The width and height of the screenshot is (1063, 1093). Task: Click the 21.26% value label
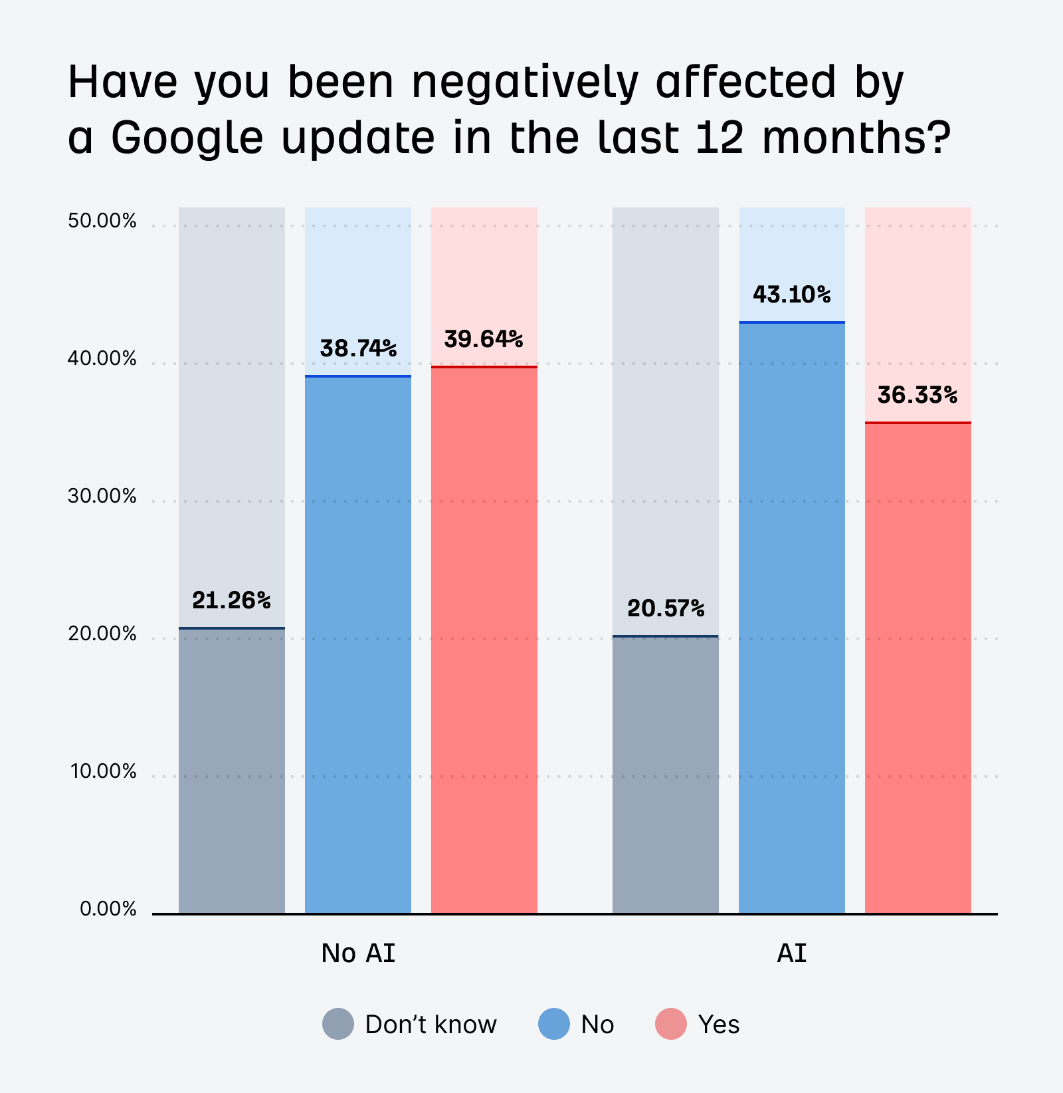231,600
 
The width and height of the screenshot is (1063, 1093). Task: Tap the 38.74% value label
358,348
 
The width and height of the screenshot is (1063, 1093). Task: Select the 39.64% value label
484,339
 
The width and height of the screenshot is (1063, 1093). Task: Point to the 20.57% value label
666,608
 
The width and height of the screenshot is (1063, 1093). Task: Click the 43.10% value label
791,294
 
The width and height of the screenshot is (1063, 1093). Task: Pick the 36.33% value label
918,396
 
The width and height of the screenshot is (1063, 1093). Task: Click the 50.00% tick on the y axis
102,221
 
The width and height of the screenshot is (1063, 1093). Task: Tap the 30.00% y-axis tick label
102,496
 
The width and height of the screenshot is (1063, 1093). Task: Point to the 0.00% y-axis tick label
108,909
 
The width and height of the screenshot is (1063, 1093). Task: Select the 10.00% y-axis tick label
104,771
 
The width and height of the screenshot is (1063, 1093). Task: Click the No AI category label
358,953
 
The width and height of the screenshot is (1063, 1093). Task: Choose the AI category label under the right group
792,953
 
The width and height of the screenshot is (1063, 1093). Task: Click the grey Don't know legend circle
338,1024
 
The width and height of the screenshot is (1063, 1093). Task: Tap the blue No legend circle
554,1024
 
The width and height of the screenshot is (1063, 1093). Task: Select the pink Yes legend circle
671,1024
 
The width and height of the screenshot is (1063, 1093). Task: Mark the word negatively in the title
524,83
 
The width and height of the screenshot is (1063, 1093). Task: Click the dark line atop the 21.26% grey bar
232,628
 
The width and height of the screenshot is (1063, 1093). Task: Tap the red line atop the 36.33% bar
918,422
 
